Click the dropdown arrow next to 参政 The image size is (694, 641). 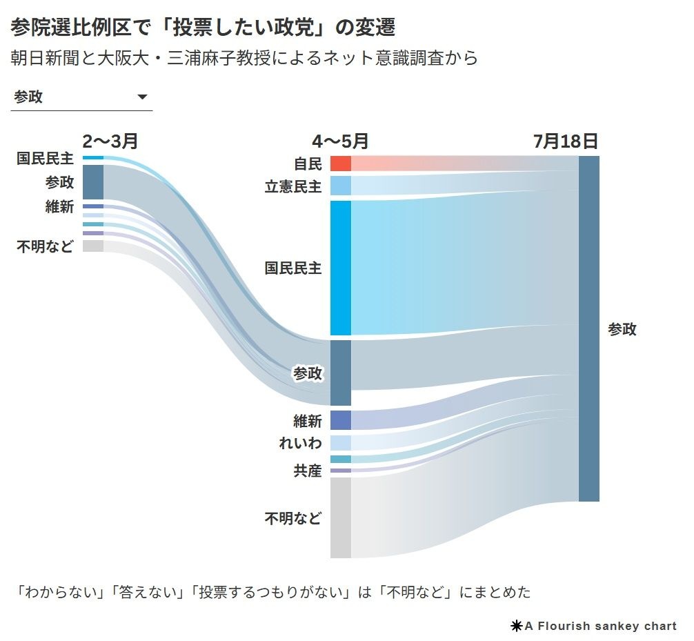pos(143,97)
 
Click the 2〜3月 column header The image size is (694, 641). pos(110,141)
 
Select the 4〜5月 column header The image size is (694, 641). pos(340,141)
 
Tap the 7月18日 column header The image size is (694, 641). pos(565,141)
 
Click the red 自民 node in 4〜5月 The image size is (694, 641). pos(340,164)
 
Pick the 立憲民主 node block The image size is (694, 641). pos(340,186)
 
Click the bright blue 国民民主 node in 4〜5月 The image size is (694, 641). pos(340,268)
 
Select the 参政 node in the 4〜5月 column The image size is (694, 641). pos(340,373)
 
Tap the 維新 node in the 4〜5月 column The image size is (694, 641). pos(340,420)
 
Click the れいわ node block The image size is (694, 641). pos(340,443)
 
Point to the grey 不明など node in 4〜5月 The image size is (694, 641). pos(340,517)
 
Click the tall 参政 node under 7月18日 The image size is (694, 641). pos(588,328)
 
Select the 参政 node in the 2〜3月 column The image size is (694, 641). pos(92,182)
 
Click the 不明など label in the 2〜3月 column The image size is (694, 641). pos(45,246)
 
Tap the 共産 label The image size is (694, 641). pos(307,471)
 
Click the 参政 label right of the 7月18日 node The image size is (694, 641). pos(622,329)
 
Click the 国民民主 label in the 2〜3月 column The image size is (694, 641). pos(45,159)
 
